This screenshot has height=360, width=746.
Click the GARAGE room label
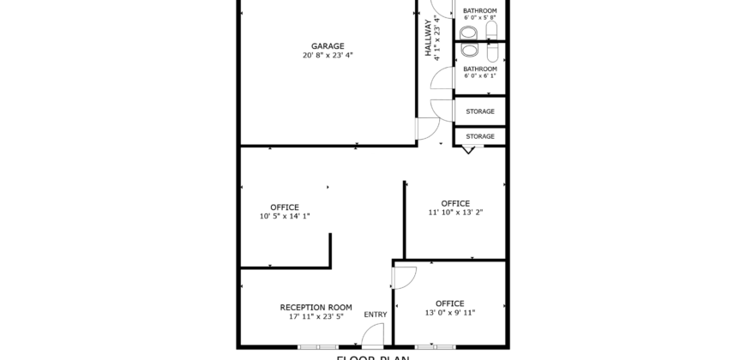pos(328,45)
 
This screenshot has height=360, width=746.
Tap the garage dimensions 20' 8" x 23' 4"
pos(328,55)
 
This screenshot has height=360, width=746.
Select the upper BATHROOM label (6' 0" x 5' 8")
pos(479,10)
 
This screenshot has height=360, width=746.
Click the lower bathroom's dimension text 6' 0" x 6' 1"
pos(479,76)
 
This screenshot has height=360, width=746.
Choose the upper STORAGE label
pos(479,111)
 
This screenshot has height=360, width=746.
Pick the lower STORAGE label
pos(479,136)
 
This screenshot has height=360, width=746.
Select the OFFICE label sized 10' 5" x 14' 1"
pos(285,207)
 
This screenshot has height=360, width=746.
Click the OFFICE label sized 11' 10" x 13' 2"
pos(455,203)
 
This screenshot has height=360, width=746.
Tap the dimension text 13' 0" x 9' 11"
pos(449,313)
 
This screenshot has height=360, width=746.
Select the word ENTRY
pos(376,315)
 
